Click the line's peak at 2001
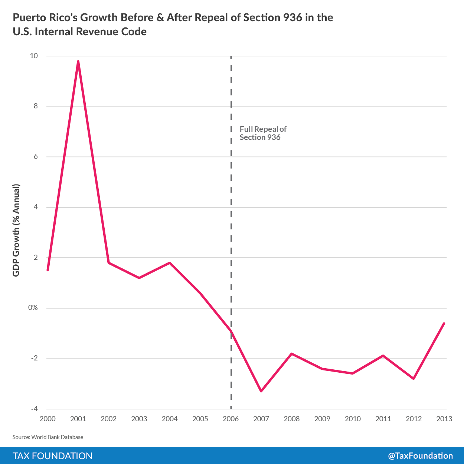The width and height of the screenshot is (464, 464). tap(78, 62)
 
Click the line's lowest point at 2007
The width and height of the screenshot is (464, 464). tap(261, 391)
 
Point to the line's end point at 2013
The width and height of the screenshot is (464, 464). tap(444, 323)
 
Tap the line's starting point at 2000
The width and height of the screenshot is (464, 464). tap(48, 270)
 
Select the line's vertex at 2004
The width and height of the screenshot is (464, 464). tap(170, 263)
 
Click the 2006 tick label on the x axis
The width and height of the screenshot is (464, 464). tap(231, 419)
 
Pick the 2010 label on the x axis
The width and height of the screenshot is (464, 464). tap(353, 419)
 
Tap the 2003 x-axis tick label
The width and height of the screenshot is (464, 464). tap(139, 419)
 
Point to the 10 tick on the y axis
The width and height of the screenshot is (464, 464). tap(34, 56)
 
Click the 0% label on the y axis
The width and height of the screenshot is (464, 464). tap(33, 308)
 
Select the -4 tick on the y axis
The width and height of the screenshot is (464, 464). tap(34, 409)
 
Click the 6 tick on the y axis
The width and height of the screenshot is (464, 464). tap(36, 157)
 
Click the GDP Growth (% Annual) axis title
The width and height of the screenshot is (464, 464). tap(16, 230)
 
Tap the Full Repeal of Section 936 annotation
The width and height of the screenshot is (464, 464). tap(263, 133)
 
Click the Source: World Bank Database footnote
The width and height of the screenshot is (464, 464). tap(48, 437)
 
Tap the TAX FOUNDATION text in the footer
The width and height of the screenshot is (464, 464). tap(52, 456)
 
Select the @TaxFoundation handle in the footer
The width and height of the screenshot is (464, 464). tap(420, 456)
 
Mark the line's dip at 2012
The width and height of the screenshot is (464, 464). tap(414, 379)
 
